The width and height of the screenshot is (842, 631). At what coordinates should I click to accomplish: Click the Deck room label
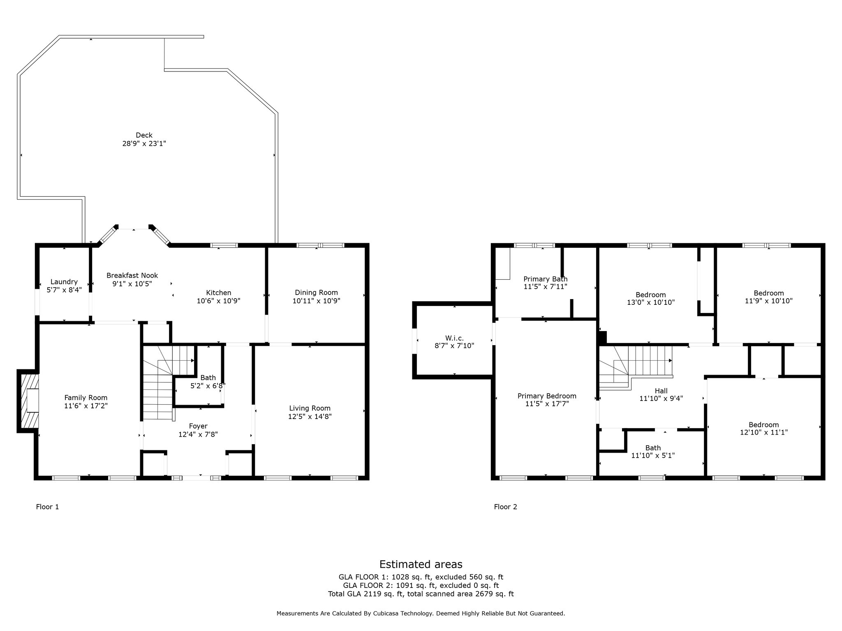pyautogui.click(x=144, y=135)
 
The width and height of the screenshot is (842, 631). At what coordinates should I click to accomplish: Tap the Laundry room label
pyautogui.click(x=64, y=282)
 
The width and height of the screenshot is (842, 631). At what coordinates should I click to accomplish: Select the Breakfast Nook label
pyautogui.click(x=132, y=275)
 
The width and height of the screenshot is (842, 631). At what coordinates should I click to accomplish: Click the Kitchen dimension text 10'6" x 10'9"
pyautogui.click(x=218, y=301)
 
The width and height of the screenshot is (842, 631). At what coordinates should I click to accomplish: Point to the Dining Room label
pyautogui.click(x=316, y=292)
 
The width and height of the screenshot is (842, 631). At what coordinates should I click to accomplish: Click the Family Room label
pyautogui.click(x=86, y=398)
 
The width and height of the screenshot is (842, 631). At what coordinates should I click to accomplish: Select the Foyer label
pyautogui.click(x=198, y=426)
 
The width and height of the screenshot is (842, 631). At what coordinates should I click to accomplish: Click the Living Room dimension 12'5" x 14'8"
pyautogui.click(x=310, y=416)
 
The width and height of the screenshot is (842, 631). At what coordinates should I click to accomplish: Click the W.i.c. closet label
pyautogui.click(x=454, y=338)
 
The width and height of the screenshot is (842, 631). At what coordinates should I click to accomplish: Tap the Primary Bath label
pyautogui.click(x=545, y=279)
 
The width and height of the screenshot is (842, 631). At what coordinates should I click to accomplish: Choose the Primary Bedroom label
pyautogui.click(x=547, y=396)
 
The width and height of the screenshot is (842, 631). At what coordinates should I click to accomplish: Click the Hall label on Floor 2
pyautogui.click(x=661, y=391)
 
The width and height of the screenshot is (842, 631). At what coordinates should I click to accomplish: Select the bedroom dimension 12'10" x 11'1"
pyautogui.click(x=764, y=432)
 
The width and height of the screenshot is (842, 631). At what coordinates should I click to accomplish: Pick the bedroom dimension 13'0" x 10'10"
pyautogui.click(x=650, y=302)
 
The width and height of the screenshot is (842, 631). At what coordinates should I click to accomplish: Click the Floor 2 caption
pyautogui.click(x=505, y=507)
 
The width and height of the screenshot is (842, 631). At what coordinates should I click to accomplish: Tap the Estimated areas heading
pyautogui.click(x=421, y=564)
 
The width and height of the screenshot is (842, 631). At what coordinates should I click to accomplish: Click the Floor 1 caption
pyautogui.click(x=47, y=507)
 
